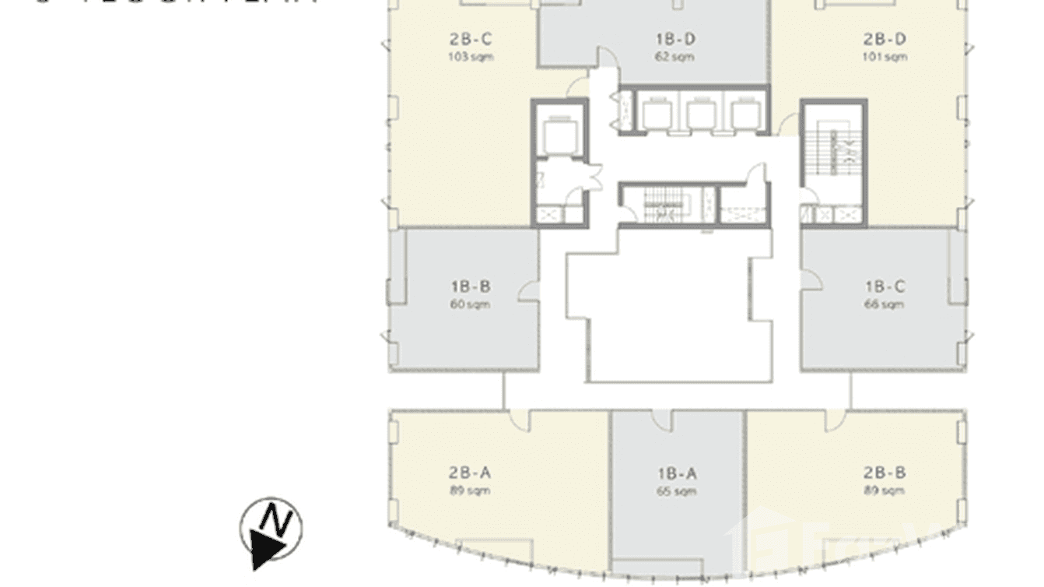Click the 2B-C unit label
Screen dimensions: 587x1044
(470, 39)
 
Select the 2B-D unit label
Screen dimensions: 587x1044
(885, 39)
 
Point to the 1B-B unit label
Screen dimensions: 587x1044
(470, 287)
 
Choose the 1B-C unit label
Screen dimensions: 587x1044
(885, 287)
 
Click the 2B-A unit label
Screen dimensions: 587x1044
(470, 473)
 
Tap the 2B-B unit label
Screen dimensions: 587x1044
(885, 473)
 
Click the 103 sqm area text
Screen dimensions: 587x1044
(470, 57)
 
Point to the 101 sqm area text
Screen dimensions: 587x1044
(885, 57)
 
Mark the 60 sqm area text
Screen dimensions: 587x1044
(470, 304)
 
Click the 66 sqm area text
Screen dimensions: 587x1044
(885, 304)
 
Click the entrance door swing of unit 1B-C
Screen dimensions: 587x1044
(811, 279)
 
